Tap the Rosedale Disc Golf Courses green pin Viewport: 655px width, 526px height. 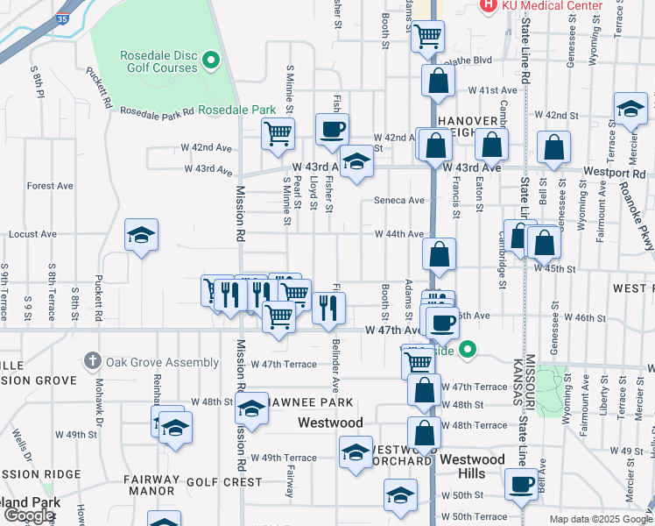210,60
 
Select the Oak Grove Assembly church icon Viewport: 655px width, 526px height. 94,361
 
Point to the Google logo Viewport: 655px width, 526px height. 29,515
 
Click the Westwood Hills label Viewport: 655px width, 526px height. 472,466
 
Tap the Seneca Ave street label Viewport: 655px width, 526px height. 398,200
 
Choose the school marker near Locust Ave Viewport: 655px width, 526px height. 141,236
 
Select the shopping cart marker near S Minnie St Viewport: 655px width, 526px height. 278,135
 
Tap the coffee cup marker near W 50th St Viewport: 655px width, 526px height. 522,483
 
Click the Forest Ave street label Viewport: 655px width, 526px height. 50,186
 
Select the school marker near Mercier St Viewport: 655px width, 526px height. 630,109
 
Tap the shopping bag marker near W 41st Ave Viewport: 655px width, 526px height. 438,81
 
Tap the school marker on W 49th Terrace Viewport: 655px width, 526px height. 356,453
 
